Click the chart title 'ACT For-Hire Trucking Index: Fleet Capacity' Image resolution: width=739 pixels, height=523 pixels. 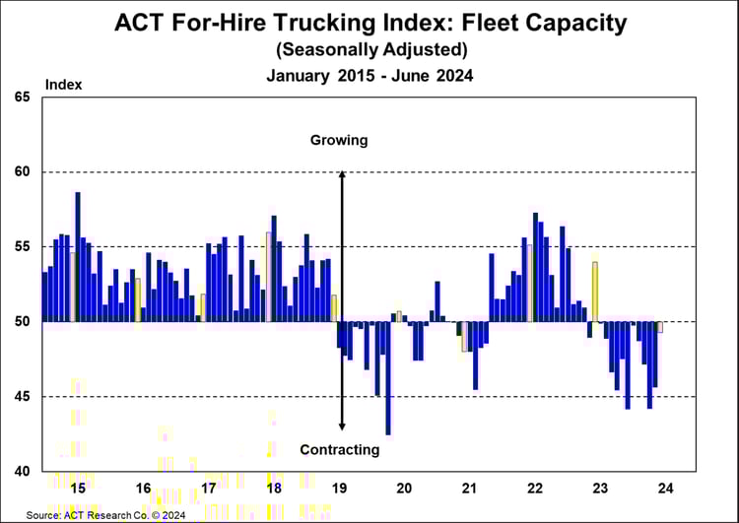click(369, 22)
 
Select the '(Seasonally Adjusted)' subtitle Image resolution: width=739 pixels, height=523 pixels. click(369, 48)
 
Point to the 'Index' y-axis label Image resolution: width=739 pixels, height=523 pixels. click(63, 85)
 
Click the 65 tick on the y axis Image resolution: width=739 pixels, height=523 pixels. click(22, 97)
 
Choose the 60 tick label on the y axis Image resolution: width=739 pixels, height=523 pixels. click(22, 172)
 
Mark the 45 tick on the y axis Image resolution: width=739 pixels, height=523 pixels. click(22, 397)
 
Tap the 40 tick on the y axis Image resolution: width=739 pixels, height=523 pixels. click(22, 471)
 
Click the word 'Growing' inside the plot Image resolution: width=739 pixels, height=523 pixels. click(339, 140)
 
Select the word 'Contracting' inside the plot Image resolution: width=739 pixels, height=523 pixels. click(340, 450)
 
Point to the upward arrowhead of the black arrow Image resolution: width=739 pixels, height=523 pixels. click(342, 175)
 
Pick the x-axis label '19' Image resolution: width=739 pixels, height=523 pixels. click(339, 488)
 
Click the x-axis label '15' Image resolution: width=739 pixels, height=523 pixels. click(78, 488)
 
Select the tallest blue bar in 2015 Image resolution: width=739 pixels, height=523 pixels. click(78, 256)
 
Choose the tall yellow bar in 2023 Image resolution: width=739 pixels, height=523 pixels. click(595, 292)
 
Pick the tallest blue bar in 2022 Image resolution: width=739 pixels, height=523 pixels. click(535, 266)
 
